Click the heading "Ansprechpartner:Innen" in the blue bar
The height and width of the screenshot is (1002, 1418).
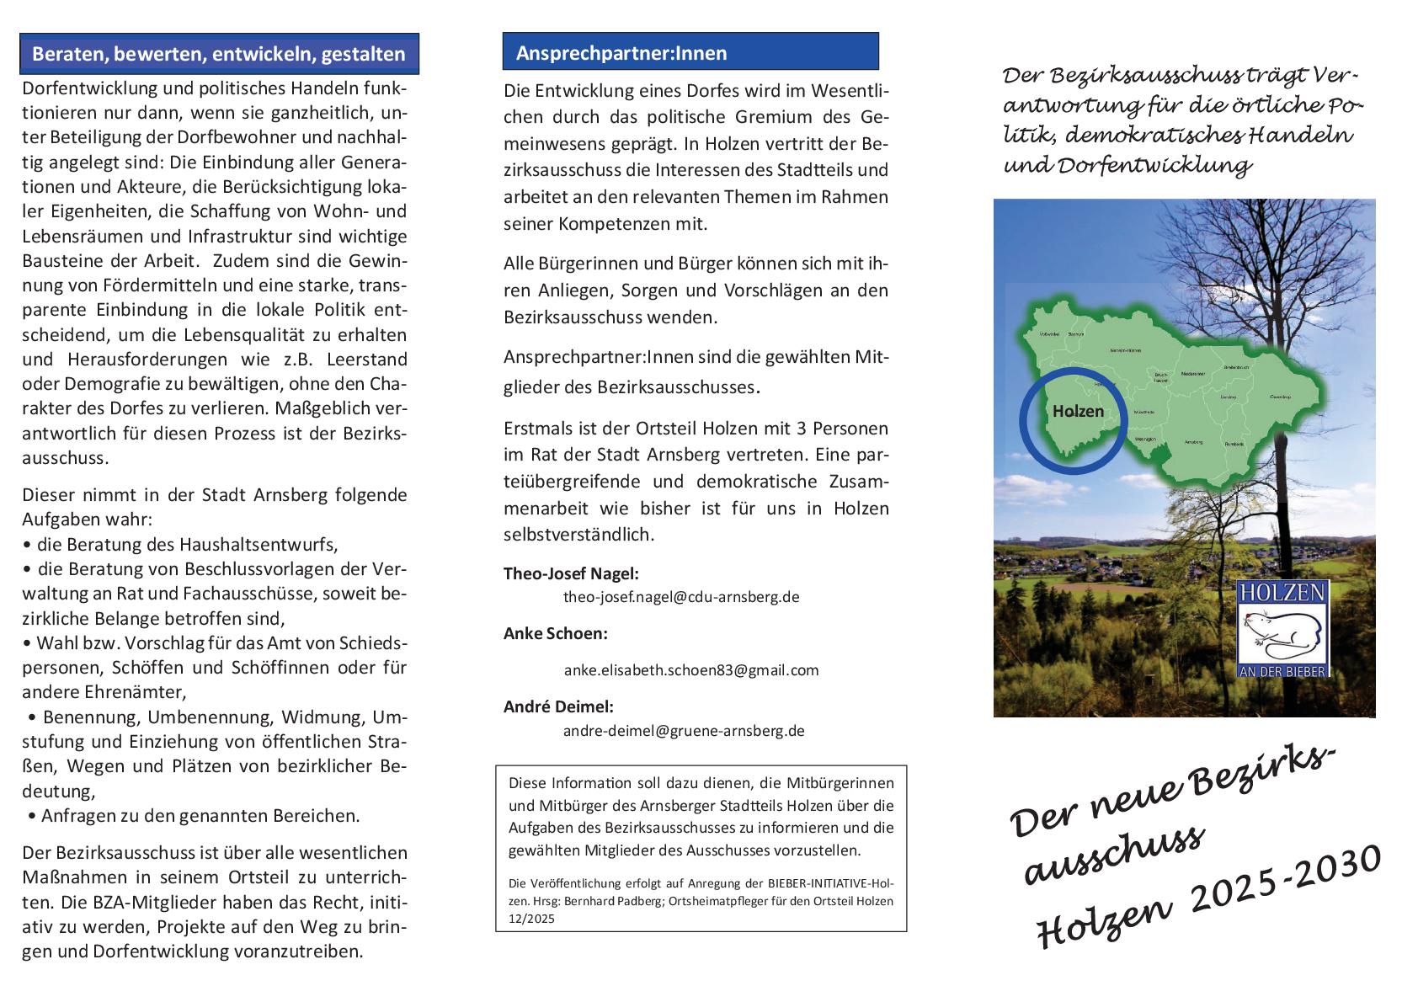click(x=621, y=53)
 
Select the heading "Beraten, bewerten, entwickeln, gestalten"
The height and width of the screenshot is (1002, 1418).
click(x=218, y=55)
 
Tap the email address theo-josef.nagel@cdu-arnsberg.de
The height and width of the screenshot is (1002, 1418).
click(x=680, y=597)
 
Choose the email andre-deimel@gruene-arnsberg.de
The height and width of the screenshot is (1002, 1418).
click(x=683, y=731)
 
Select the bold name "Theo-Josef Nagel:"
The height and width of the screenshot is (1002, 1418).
click(x=571, y=573)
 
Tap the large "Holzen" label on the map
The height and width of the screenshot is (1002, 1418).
click(x=1077, y=412)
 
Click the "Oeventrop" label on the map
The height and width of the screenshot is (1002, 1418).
click(x=1281, y=396)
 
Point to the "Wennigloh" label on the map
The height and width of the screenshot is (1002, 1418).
click(x=1145, y=440)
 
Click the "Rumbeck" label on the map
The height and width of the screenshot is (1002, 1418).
click(x=1234, y=444)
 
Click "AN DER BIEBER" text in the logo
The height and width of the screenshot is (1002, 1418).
click(x=1283, y=671)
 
